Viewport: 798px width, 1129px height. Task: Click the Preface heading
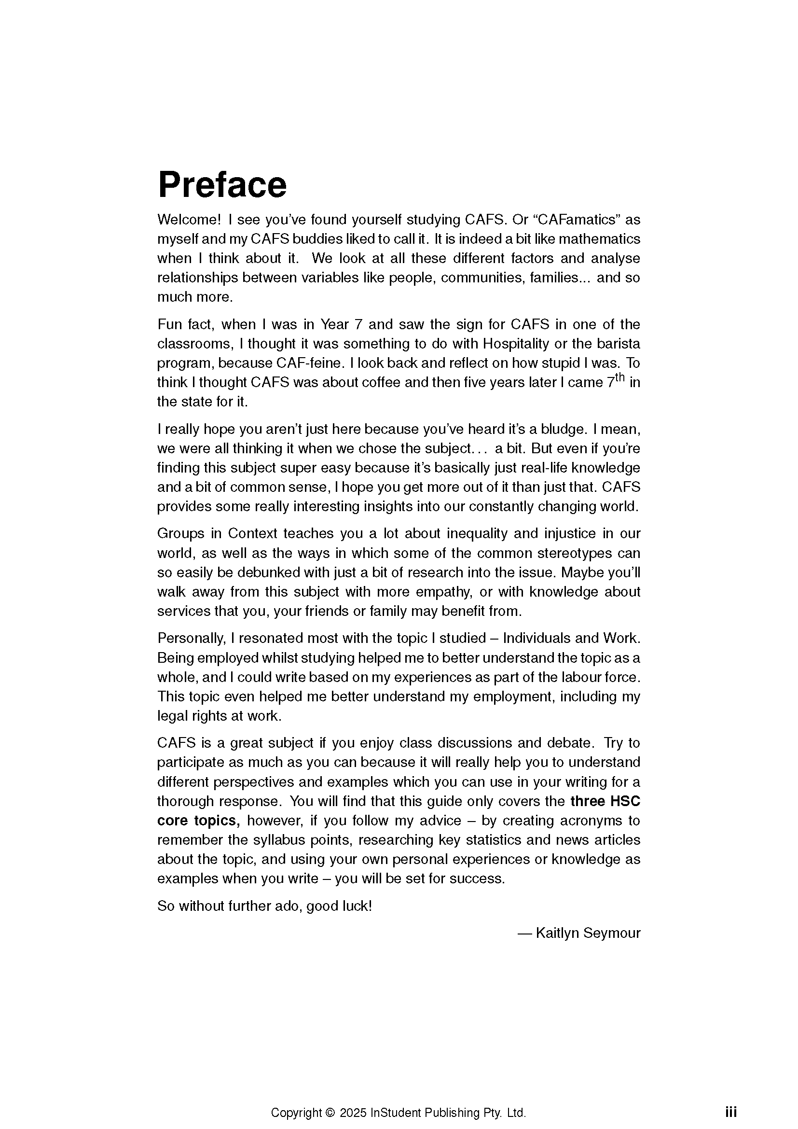[x=221, y=184]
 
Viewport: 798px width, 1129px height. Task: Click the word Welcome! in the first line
[x=189, y=219]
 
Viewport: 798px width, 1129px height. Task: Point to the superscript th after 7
[x=620, y=377]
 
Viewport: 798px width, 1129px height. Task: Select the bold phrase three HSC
[x=605, y=802]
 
